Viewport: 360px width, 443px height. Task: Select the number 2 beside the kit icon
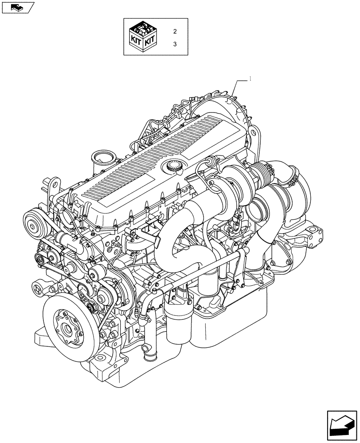coord(175,31)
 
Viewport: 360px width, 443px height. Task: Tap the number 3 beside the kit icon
coord(175,44)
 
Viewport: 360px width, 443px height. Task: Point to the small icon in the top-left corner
coord(16,7)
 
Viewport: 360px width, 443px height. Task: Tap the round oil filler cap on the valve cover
coord(173,167)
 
